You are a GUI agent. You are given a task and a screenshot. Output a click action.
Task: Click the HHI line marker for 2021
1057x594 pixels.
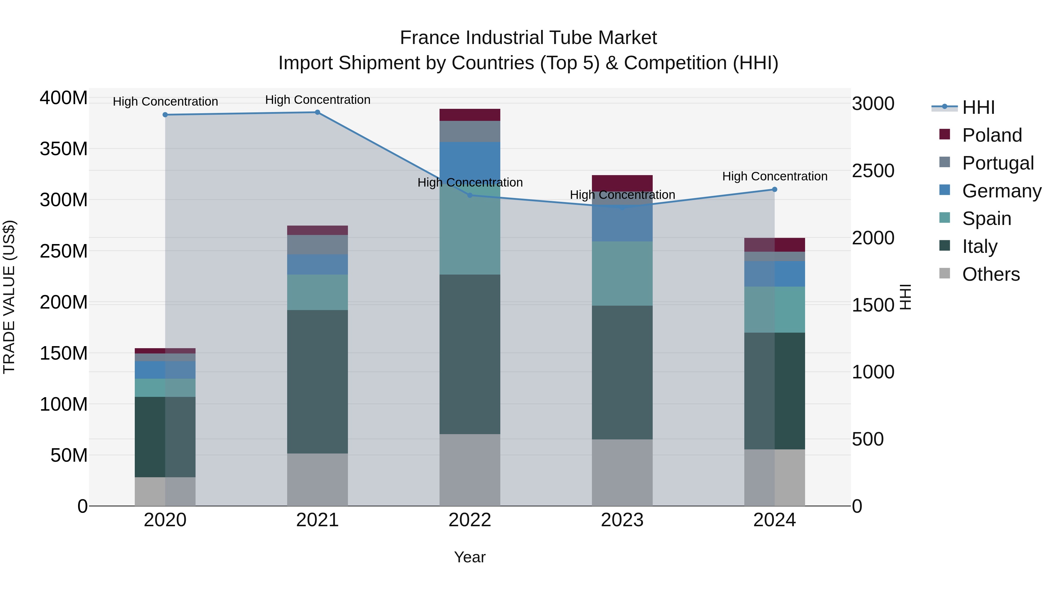317,112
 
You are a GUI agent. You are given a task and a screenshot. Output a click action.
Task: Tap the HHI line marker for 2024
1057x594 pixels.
774,189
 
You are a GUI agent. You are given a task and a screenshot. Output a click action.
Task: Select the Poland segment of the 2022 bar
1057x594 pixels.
470,115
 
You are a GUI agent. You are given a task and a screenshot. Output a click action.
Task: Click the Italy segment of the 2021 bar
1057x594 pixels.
317,381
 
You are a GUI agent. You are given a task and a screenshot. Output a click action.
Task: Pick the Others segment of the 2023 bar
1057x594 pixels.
622,472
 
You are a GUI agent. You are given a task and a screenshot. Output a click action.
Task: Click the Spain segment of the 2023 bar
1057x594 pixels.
622,273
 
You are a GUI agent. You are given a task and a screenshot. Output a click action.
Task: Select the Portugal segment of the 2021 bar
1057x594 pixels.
317,244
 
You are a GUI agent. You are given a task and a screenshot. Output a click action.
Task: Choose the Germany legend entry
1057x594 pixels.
1001,191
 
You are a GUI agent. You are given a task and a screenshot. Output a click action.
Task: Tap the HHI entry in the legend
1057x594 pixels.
978,107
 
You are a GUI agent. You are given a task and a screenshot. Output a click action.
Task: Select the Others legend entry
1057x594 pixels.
991,274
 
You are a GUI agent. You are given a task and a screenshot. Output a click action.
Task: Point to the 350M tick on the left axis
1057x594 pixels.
64,149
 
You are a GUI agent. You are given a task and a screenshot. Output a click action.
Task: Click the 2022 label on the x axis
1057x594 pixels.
470,520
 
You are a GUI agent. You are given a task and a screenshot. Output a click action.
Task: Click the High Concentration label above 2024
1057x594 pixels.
774,176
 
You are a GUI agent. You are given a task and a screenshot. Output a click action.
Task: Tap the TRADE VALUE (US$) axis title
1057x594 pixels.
9,297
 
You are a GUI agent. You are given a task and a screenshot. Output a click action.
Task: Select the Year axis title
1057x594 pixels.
470,557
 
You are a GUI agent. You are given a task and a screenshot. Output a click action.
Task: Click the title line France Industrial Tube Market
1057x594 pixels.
528,38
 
